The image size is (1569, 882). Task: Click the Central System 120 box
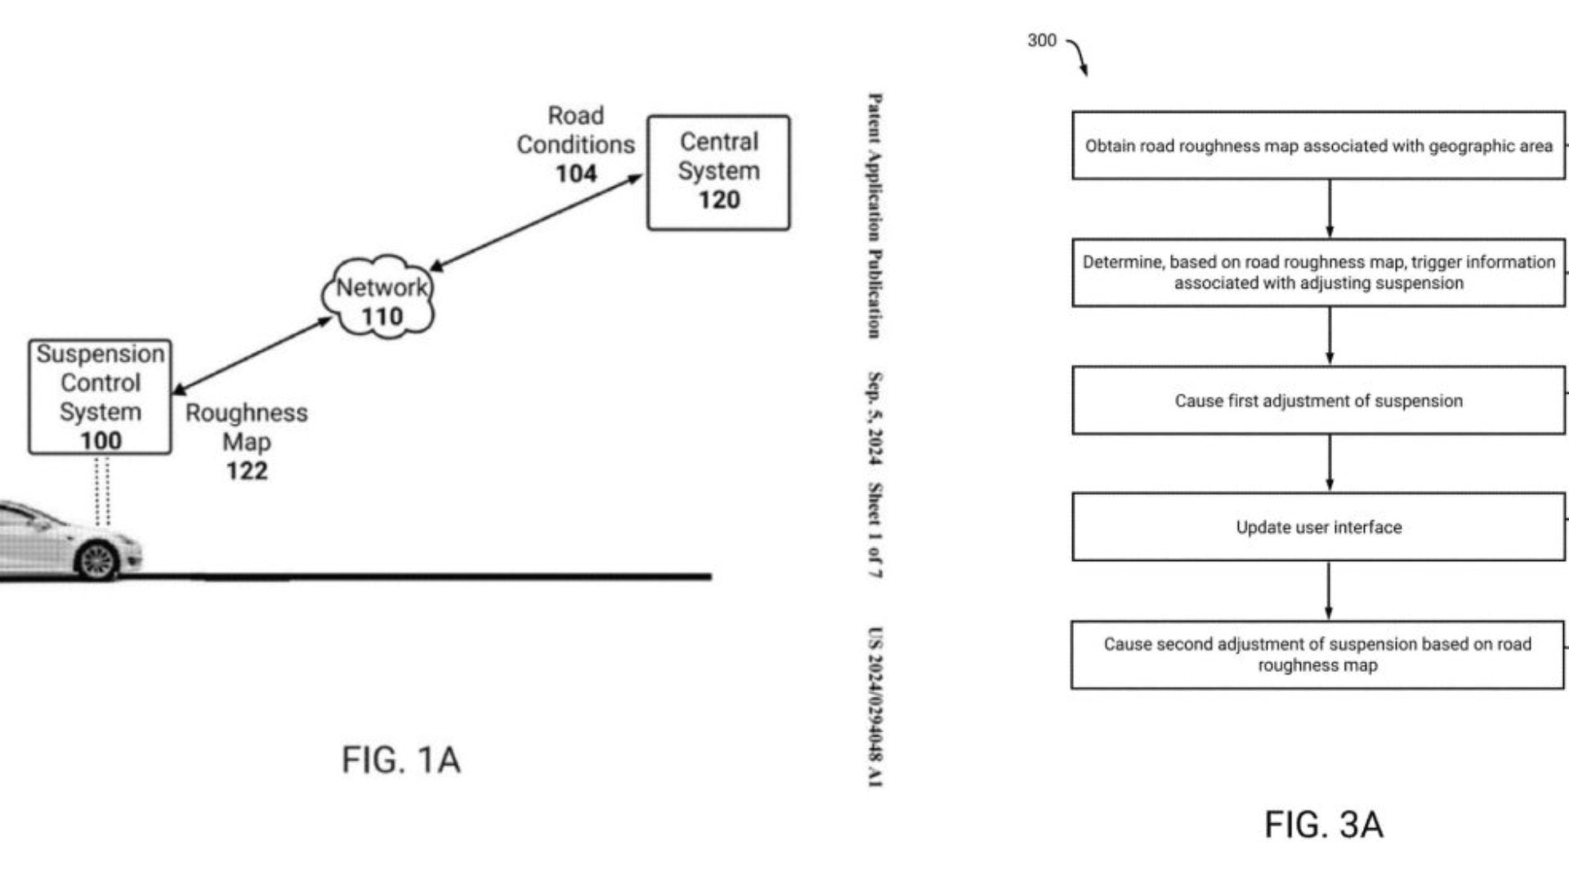click(x=718, y=172)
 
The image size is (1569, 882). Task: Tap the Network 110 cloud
click(x=381, y=298)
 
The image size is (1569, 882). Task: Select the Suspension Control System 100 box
click(x=100, y=397)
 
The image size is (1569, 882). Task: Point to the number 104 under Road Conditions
click(x=576, y=174)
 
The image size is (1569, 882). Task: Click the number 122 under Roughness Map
click(x=247, y=471)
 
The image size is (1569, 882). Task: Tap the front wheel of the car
click(x=97, y=561)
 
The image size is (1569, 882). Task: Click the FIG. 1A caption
click(x=400, y=760)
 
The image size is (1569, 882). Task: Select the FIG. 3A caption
click(x=1324, y=825)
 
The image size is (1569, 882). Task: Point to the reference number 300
click(x=1042, y=41)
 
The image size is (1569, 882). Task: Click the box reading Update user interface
click(x=1318, y=527)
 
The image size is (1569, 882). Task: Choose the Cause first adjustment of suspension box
click(x=1318, y=400)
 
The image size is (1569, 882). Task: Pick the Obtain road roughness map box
click(x=1318, y=145)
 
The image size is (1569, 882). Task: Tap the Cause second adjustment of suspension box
click(x=1317, y=655)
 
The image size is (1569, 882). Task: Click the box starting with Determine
click(x=1318, y=272)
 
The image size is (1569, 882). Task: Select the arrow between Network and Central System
click(x=536, y=222)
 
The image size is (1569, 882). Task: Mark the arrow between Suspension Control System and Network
click(x=252, y=356)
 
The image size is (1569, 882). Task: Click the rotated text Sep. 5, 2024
click(x=874, y=418)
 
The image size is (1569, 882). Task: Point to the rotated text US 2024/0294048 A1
click(x=874, y=706)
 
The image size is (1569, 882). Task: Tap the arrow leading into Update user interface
click(x=1330, y=463)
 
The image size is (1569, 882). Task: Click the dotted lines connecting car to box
click(x=102, y=490)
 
